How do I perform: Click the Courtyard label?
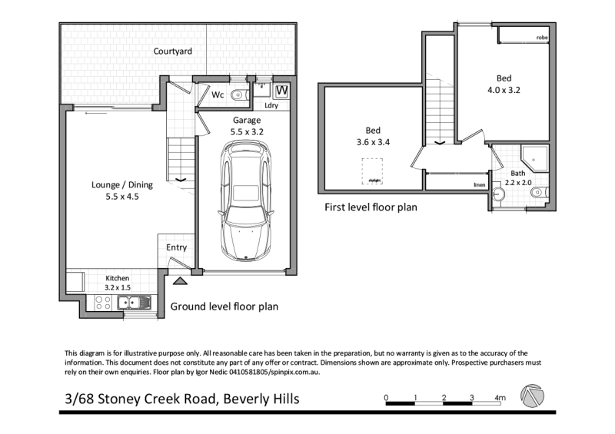click(172, 51)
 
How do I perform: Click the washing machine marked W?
click(281, 91)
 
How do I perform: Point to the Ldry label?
click(271, 106)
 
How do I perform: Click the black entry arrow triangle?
click(179, 283)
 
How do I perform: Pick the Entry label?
click(176, 247)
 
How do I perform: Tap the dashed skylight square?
click(374, 170)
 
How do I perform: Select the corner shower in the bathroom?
click(533, 159)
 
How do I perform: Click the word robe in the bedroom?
click(542, 38)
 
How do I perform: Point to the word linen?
click(479, 185)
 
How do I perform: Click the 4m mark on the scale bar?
click(500, 398)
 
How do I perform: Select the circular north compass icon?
click(532, 397)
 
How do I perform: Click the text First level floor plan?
click(371, 207)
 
